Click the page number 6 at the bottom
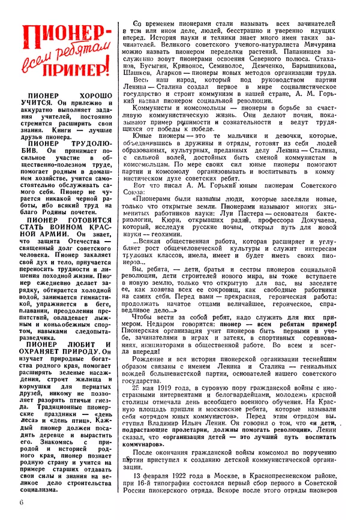pos(21,502)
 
